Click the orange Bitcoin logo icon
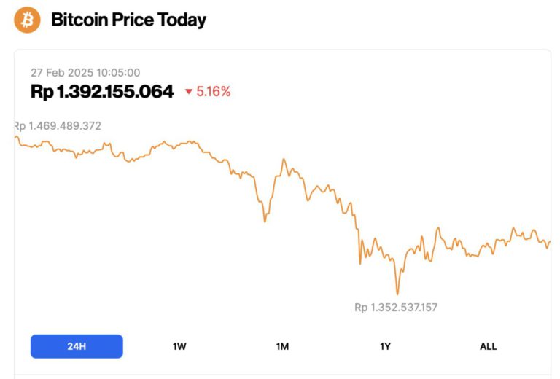click(x=28, y=20)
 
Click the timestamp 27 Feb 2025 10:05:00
click(x=85, y=72)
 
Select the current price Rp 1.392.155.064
click(x=102, y=91)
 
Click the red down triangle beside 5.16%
click(x=189, y=92)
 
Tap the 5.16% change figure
click(x=214, y=92)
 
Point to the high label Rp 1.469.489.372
click(x=58, y=126)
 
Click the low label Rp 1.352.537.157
click(x=396, y=308)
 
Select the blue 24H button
click(x=77, y=346)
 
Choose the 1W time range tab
click(x=179, y=346)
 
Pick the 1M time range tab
click(x=282, y=346)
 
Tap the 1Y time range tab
click(x=386, y=346)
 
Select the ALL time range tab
click(x=488, y=346)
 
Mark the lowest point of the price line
click(x=397, y=294)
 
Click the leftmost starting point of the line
click(x=15, y=136)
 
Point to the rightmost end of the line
click(x=550, y=241)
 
